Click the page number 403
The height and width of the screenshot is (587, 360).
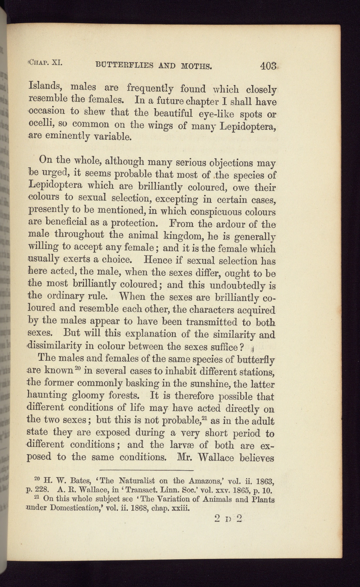268,67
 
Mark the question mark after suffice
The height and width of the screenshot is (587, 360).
242,346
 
